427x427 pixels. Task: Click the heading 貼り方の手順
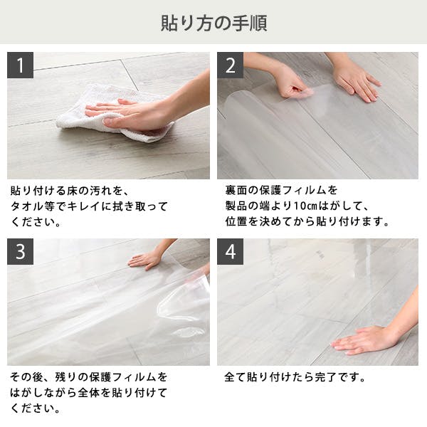(x=213, y=23)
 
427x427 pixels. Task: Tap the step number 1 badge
(x=21, y=65)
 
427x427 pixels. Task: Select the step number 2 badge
(x=230, y=65)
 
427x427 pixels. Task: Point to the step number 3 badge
(x=21, y=252)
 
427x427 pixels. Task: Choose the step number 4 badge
(x=230, y=252)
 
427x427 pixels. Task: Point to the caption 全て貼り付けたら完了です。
(x=295, y=377)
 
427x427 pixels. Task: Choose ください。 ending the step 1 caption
(x=36, y=222)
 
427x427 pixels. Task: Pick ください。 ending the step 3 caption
(x=36, y=408)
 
